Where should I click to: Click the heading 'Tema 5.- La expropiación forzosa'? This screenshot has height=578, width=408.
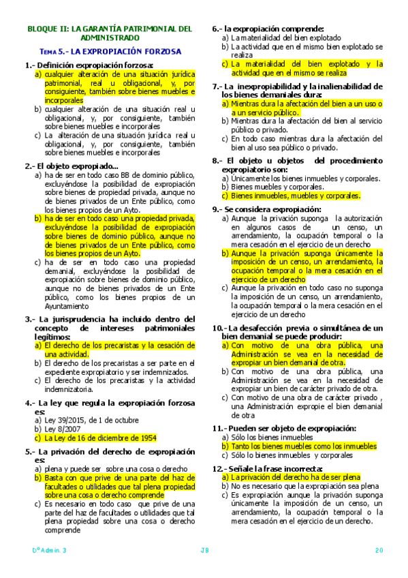[x=109, y=51]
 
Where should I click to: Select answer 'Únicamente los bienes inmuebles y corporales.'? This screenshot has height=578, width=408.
[x=295, y=179]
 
